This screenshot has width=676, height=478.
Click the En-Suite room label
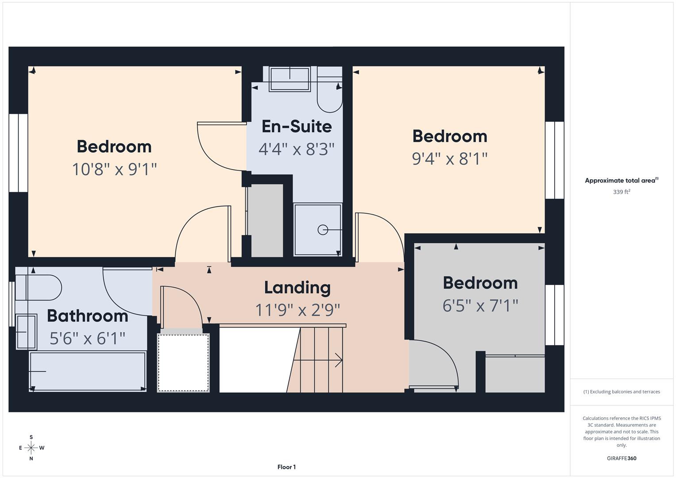click(297, 127)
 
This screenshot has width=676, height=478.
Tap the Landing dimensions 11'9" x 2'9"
click(297, 310)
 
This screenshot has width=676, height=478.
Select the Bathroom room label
click(88, 316)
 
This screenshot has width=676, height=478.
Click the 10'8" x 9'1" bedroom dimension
click(115, 169)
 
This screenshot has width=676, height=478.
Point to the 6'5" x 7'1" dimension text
click(480, 305)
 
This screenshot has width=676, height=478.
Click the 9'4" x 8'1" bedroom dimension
click(450, 158)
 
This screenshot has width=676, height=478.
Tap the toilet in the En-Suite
click(330, 95)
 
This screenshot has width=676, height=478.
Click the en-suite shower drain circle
click(323, 230)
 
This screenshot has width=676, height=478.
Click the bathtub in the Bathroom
click(88, 371)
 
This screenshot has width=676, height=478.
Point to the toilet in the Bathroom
click(40, 288)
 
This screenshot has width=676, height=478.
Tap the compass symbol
click(31, 448)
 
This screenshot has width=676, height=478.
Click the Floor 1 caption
click(286, 467)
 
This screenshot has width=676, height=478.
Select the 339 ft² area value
click(621, 192)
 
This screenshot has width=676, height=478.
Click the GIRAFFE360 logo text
click(621, 458)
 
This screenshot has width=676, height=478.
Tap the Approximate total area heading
click(621, 181)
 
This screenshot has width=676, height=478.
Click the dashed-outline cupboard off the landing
click(183, 362)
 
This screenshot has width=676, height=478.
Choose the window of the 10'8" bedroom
click(19, 153)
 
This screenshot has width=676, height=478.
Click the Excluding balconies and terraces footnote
click(621, 392)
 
